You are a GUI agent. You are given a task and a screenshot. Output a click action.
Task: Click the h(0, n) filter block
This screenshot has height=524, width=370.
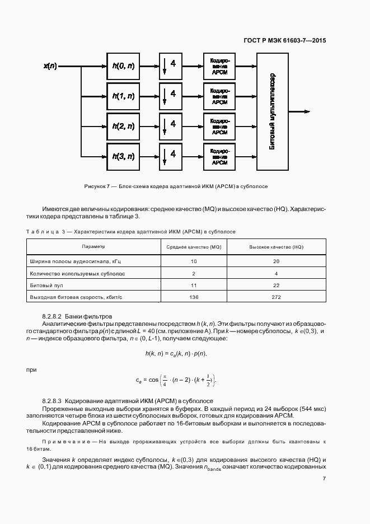(123, 66)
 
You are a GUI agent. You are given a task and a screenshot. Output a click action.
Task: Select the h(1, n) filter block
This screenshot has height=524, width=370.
(123, 96)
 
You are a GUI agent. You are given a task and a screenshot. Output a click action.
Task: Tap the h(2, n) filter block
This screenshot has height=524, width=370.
(123, 126)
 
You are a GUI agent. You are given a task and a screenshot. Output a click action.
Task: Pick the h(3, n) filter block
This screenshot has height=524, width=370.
(123, 156)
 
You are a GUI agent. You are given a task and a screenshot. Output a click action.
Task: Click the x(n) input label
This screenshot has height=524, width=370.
(50, 67)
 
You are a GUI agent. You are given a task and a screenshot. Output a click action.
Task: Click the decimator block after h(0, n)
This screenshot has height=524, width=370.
(170, 66)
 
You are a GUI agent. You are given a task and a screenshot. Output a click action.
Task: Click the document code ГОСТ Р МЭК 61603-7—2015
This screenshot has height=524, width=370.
(285, 41)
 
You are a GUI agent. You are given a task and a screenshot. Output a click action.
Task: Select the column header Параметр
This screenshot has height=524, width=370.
(93, 247)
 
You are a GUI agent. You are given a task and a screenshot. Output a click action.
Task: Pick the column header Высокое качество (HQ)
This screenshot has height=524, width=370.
(276, 247)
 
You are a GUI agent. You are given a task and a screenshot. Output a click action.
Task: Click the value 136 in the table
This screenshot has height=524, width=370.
(194, 297)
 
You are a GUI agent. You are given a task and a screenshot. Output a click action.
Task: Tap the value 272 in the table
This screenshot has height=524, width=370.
(276, 297)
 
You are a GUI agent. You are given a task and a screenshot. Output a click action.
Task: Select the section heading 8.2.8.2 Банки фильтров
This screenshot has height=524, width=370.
(77, 316)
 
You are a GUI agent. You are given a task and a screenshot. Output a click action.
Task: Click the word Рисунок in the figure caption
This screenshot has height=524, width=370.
(94, 186)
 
